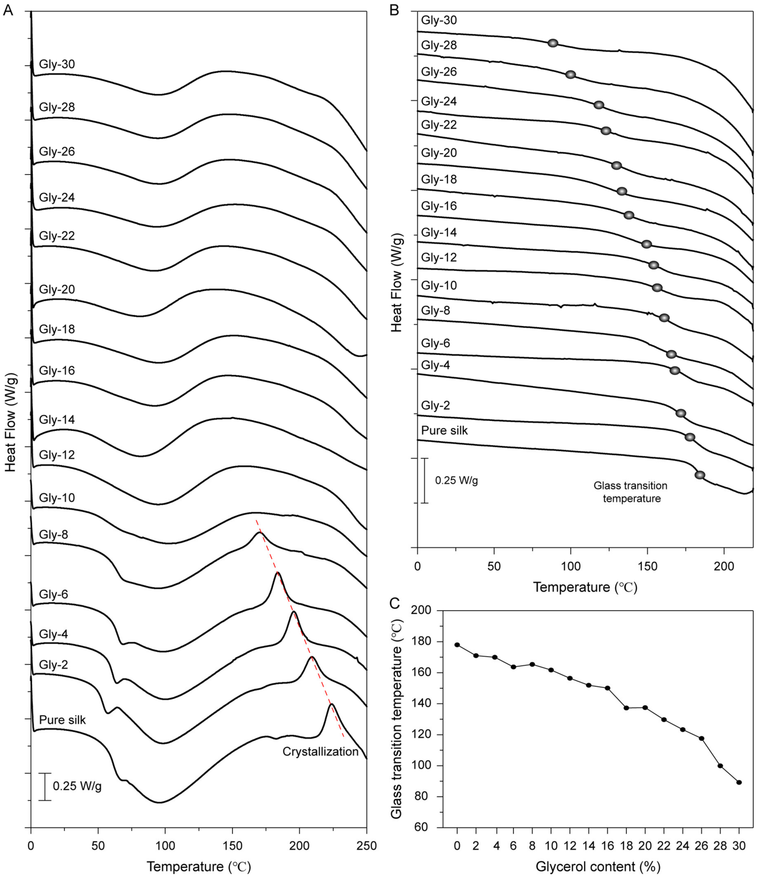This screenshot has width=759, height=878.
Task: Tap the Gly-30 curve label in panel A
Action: tap(57, 64)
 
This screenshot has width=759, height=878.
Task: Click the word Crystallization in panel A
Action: tap(320, 751)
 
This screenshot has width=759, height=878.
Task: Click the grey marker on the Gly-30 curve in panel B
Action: tap(553, 43)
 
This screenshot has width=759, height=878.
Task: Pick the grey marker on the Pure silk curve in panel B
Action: tap(700, 475)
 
